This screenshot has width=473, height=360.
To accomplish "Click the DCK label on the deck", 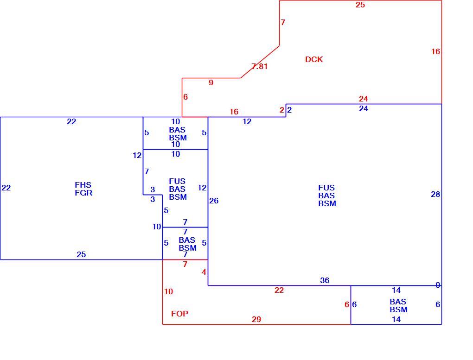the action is pos(314,59).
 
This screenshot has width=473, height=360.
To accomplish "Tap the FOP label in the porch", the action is pos(179,314).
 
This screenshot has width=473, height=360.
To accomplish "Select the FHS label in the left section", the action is pos(83,185).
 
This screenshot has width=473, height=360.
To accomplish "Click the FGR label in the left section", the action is pos(83,193).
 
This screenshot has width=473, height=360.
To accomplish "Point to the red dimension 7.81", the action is pos(259,66).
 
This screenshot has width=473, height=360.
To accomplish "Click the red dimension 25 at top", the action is pos(360,5).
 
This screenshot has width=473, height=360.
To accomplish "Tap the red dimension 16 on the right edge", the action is pos(435,51).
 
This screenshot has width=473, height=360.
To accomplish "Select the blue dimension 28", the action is pos(435,195).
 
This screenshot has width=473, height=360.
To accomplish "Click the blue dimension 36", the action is pos(325,280).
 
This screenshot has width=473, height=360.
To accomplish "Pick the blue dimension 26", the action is pos(214,201).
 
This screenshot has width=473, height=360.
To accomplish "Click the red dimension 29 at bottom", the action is pos(256,319).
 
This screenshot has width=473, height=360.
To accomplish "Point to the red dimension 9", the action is pos(211,82).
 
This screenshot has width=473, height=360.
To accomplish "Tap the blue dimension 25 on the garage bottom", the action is pos(81,254).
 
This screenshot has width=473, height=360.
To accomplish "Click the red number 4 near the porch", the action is pos(204,272).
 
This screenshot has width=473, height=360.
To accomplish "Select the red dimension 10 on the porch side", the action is pos(169,291).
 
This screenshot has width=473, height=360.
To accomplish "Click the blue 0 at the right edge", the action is pos(438,285).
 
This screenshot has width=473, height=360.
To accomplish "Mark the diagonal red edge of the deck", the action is pos(260,62).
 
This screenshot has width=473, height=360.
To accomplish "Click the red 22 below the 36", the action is pos(279,290).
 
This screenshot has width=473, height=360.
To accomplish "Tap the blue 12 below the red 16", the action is pos(247,121).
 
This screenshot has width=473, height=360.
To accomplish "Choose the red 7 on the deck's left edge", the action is pos(283,22).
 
